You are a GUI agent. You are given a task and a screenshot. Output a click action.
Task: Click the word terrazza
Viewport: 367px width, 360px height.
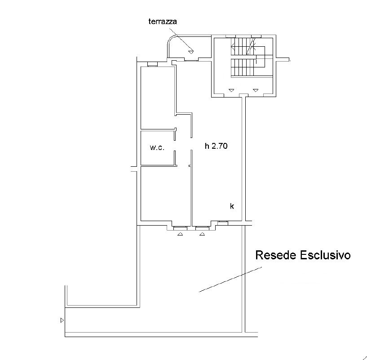(x=163, y=22)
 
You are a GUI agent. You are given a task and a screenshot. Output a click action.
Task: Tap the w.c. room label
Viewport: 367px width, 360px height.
(x=157, y=147)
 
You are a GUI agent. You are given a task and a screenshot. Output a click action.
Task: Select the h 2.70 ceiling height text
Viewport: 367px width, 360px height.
(x=216, y=146)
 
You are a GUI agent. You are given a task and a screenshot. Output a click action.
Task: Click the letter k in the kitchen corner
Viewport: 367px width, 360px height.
(x=232, y=206)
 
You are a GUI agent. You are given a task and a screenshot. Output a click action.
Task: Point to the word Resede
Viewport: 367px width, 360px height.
(x=276, y=255)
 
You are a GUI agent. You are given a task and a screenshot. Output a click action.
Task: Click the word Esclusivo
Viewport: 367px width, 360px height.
(x=325, y=255)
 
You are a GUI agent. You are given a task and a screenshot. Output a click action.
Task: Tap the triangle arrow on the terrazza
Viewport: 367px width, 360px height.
(x=191, y=52)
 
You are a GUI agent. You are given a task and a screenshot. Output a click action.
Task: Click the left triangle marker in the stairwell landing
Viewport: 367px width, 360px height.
(x=231, y=90)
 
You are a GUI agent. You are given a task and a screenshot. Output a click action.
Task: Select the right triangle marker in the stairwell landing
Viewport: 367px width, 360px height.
(x=255, y=90)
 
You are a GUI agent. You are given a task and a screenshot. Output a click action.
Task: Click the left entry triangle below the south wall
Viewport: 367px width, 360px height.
(x=180, y=234)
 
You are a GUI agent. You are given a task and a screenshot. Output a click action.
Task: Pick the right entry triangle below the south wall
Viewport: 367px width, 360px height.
(x=202, y=234)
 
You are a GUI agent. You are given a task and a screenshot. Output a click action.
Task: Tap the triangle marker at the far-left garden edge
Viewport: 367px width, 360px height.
(x=62, y=320)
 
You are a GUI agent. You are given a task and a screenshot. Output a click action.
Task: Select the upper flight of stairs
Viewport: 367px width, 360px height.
(x=243, y=47)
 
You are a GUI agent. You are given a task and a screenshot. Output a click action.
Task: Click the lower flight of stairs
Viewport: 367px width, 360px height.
(x=243, y=67)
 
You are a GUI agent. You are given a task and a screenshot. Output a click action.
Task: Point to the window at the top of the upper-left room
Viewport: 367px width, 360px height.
(x=153, y=64)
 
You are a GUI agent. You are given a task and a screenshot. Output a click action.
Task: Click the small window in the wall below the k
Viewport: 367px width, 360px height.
(x=223, y=223)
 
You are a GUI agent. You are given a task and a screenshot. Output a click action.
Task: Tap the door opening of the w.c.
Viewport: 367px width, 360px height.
(x=175, y=146)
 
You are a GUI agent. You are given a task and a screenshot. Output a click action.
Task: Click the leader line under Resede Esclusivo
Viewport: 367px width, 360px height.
(x=230, y=280)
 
